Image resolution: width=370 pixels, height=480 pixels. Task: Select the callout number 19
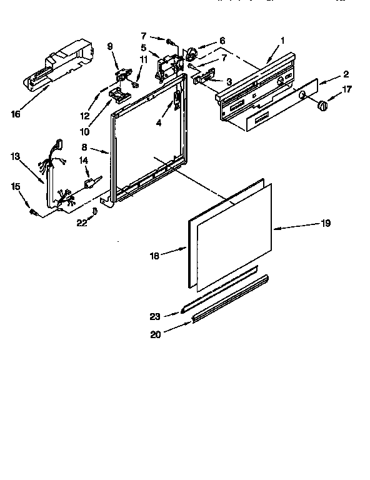(325, 223)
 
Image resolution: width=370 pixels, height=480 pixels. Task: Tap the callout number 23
(156, 317)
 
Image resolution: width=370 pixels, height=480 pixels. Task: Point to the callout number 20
(156, 334)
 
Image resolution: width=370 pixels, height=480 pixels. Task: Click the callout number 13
(16, 156)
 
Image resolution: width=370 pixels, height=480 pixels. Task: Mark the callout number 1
(282, 41)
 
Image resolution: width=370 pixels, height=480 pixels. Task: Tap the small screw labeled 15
(35, 212)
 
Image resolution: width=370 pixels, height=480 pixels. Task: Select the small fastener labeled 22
(95, 211)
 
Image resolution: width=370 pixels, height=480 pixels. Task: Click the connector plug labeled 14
(89, 182)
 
